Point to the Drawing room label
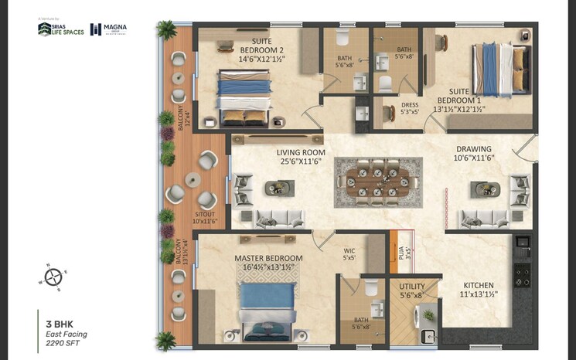pos(474,153)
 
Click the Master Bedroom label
pos(269,263)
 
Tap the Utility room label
pos(412,290)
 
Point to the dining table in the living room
pos(378,182)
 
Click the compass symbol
pos(53,276)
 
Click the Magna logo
pos(109,29)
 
